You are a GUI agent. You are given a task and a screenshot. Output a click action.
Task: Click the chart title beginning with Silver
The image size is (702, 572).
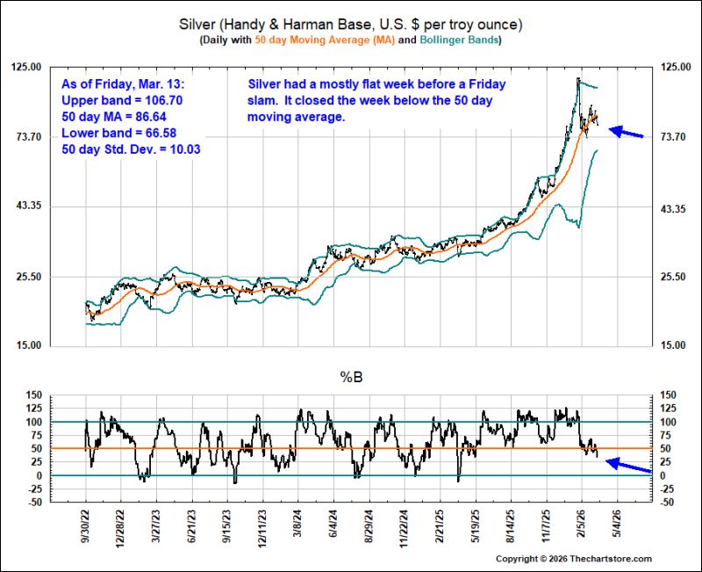pyautogui.click(x=350, y=25)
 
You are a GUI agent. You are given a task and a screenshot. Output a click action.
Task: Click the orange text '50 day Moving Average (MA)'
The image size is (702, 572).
pyautogui.click(x=325, y=40)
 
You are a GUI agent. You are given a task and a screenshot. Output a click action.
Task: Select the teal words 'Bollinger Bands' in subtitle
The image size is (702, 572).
pyautogui.click(x=459, y=40)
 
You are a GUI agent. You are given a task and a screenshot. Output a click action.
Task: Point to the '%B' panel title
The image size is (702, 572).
pyautogui.click(x=352, y=378)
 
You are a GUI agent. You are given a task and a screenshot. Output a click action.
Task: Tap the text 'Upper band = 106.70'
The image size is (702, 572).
pyautogui.click(x=122, y=100)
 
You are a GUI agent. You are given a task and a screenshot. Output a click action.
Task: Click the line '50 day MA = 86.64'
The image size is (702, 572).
pyautogui.click(x=114, y=117)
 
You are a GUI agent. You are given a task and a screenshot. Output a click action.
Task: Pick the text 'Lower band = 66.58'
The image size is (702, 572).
pyautogui.click(x=118, y=134)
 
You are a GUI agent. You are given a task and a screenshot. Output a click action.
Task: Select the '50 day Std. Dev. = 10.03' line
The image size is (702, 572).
pyautogui.click(x=131, y=149)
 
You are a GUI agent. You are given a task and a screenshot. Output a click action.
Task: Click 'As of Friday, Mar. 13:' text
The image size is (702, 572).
pyautogui.click(x=123, y=84)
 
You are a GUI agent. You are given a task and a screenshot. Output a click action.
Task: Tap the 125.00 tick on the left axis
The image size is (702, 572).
pyautogui.click(x=26, y=67)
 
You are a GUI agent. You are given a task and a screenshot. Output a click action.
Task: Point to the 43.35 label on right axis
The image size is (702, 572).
pyautogui.click(x=673, y=209)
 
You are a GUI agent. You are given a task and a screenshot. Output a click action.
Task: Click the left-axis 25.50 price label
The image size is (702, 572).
pyautogui.click(x=29, y=277)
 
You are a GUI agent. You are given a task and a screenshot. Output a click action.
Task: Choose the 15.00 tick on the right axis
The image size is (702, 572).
pyautogui.click(x=673, y=345)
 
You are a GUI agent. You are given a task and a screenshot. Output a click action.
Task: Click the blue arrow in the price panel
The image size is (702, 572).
pyautogui.click(x=626, y=132)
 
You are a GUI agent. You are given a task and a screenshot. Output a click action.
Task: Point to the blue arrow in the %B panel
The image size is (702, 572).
pyautogui.click(x=628, y=465)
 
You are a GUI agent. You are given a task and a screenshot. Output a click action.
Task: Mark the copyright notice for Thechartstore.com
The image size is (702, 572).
pyautogui.click(x=574, y=559)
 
